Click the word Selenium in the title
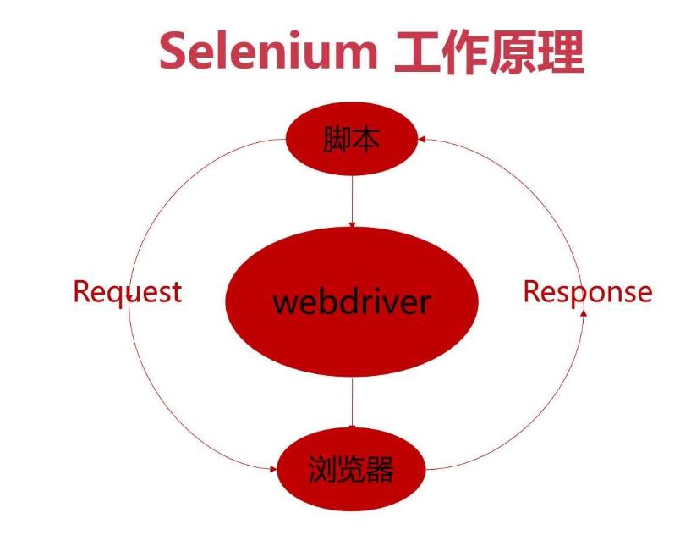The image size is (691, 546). pyautogui.click(x=268, y=52)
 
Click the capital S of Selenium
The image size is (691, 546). pyautogui.click(x=173, y=52)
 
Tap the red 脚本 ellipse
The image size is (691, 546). pyautogui.click(x=352, y=141)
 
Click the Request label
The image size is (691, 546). pyautogui.click(x=127, y=291)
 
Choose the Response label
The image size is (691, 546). pyautogui.click(x=588, y=291)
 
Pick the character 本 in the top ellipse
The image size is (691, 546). pyautogui.click(x=366, y=141)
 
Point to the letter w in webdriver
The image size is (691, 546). pyautogui.click(x=285, y=302)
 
